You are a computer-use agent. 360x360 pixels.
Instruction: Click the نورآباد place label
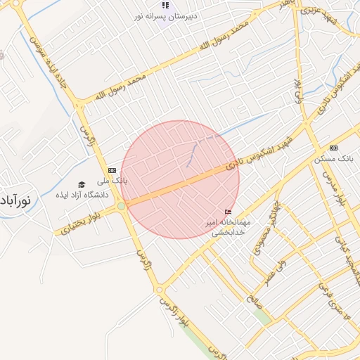[x=15, y=200]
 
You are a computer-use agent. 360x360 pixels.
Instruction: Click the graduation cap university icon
[x=82, y=184]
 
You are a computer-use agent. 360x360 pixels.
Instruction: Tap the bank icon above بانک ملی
[x=112, y=170]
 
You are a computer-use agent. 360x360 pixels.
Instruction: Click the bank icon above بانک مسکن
[x=333, y=148]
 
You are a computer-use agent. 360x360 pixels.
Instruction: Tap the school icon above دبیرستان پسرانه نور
[x=166, y=5]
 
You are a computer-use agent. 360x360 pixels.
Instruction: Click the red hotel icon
[x=227, y=212]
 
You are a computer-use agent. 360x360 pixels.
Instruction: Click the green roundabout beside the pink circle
[x=122, y=206]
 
